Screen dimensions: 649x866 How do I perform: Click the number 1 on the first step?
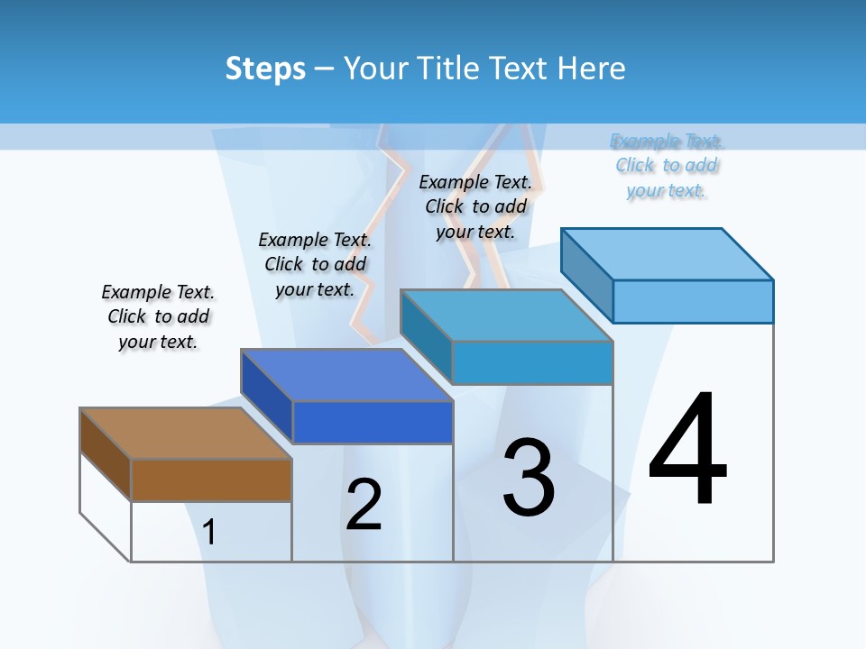pyautogui.click(x=209, y=532)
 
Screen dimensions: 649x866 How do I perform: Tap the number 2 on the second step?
pyautogui.click(x=364, y=505)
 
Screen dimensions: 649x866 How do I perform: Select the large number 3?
pyautogui.click(x=529, y=478)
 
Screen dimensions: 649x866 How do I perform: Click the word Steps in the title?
pyautogui.click(x=265, y=69)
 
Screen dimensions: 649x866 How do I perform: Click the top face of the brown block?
pyautogui.click(x=186, y=433)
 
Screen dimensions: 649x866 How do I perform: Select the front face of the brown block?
pyautogui.click(x=211, y=480)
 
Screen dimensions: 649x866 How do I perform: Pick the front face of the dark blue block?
pyautogui.click(x=372, y=422)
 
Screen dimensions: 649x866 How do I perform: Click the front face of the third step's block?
pyautogui.click(x=532, y=362)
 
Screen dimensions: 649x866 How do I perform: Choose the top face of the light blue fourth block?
pyautogui.click(x=668, y=253)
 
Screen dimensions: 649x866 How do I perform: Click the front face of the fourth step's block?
pyautogui.click(x=693, y=301)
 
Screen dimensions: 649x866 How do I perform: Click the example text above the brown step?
pyautogui.click(x=158, y=316)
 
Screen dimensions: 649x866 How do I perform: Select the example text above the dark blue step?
pyautogui.click(x=315, y=264)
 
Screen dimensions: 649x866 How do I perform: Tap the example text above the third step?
pyautogui.click(x=475, y=206)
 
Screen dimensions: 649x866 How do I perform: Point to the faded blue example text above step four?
pyautogui.click(x=667, y=165)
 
